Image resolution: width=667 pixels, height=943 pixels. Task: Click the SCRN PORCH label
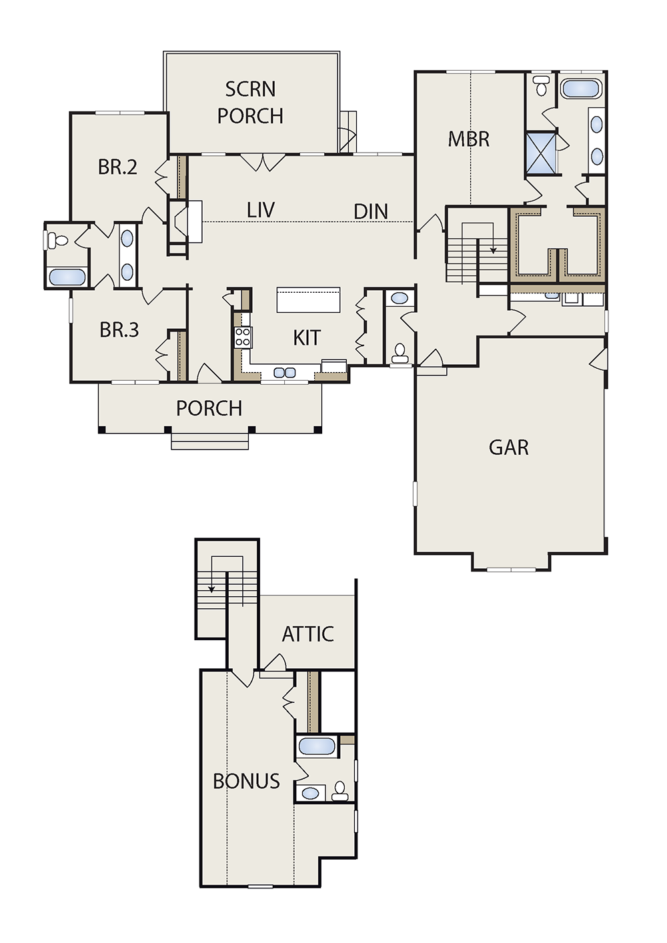pyautogui.click(x=251, y=103)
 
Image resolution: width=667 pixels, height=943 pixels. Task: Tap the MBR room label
pyautogui.click(x=469, y=139)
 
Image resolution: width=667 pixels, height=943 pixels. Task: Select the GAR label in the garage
pyautogui.click(x=509, y=447)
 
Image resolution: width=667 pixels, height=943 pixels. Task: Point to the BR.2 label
pyautogui.click(x=117, y=167)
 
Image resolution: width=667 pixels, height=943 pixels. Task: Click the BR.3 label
pyautogui.click(x=119, y=330)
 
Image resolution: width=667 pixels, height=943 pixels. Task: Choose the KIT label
pyautogui.click(x=307, y=338)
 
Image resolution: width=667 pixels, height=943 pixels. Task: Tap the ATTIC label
pyautogui.click(x=307, y=634)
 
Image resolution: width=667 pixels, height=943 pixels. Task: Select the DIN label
pyautogui.click(x=371, y=212)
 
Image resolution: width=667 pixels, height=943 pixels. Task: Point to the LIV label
pyautogui.click(x=261, y=210)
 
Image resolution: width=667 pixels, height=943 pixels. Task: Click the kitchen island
pyautogui.click(x=308, y=299)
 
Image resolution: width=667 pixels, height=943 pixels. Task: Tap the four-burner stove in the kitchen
pyautogui.click(x=243, y=337)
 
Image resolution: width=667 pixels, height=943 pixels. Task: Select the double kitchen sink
pyautogui.click(x=285, y=372)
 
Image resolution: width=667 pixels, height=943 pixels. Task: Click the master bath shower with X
pyautogui.click(x=541, y=153)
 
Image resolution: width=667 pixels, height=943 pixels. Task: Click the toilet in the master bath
pyautogui.click(x=540, y=85)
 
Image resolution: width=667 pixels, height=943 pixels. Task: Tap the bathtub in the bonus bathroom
pyautogui.click(x=317, y=747)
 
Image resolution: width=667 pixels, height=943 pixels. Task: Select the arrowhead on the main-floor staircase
pyautogui.click(x=493, y=251)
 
